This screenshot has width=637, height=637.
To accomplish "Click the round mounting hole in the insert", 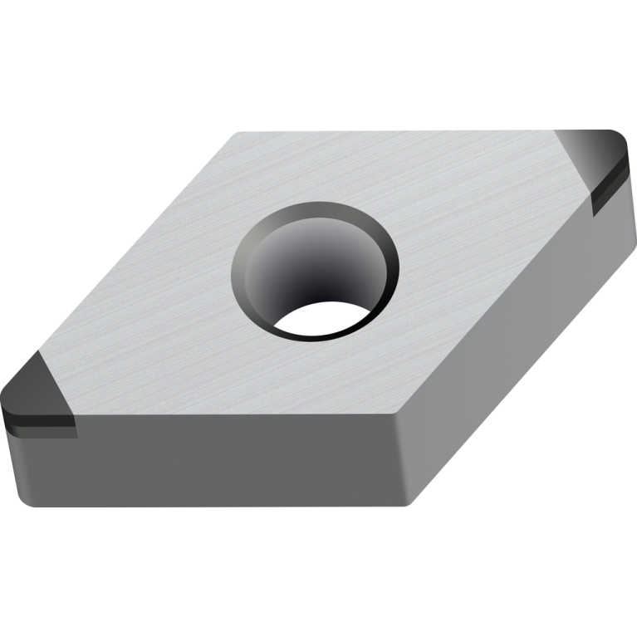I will (x=316, y=270).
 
